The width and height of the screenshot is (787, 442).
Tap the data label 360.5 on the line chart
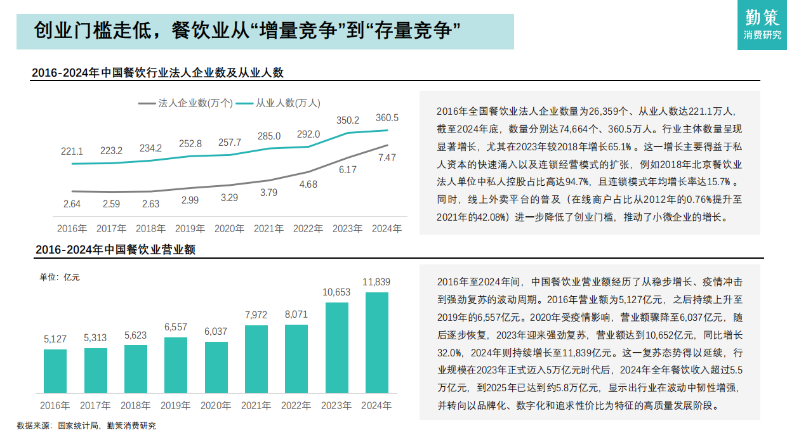[x=387, y=118]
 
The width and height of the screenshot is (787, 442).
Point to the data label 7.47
[x=387, y=157]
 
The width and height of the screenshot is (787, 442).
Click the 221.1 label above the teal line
[x=72, y=152]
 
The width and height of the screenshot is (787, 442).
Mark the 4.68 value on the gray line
[x=308, y=185]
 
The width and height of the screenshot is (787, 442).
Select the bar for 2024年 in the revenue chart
[x=377, y=342]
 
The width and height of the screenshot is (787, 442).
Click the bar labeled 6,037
[x=216, y=367]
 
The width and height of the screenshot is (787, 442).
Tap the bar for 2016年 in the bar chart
[x=55, y=371]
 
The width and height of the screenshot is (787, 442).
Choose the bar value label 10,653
[x=336, y=292]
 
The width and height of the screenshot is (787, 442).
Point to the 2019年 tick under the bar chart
[x=176, y=405]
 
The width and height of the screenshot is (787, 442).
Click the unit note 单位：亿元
[x=60, y=276]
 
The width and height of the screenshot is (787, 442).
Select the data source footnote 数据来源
[x=86, y=426]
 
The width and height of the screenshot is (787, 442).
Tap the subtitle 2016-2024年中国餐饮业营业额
[x=115, y=250]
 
